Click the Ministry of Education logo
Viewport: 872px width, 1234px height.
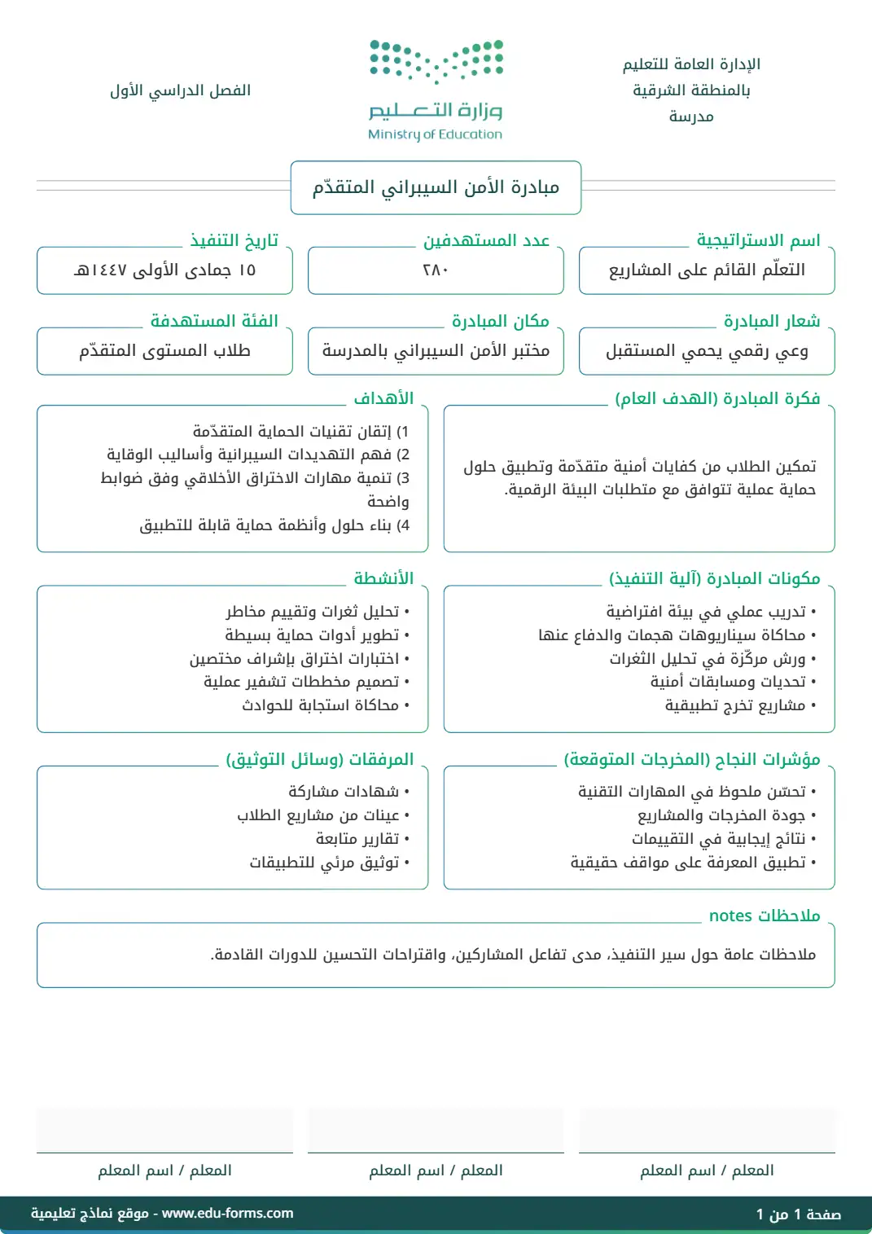pyautogui.click(x=436, y=90)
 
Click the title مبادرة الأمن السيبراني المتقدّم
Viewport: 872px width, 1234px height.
pyautogui.click(x=436, y=187)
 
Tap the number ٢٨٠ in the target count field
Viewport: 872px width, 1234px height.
pyautogui.click(x=436, y=270)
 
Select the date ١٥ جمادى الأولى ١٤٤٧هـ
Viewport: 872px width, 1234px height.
pyautogui.click(x=164, y=270)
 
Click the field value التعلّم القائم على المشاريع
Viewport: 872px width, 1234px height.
pyautogui.click(x=707, y=270)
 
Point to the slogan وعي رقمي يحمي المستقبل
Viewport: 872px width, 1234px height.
pyautogui.click(x=707, y=351)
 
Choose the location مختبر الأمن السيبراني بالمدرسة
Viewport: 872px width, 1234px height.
pyautogui.click(x=436, y=351)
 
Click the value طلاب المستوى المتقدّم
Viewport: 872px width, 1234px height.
pyautogui.click(x=164, y=351)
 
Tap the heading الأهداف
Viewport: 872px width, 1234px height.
pyautogui.click(x=383, y=398)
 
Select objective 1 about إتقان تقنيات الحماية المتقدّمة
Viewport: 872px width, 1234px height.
pyautogui.click(x=300, y=431)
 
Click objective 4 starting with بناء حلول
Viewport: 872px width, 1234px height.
pyautogui.click(x=274, y=525)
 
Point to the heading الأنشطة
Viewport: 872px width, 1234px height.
pyautogui.click(x=383, y=578)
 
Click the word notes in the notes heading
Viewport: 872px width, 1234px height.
pyautogui.click(x=730, y=916)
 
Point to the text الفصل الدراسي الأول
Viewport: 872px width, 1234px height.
pyautogui.click(x=180, y=90)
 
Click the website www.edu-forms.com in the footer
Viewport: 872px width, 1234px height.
pyautogui.click(x=227, y=1213)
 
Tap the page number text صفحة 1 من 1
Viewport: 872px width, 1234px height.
pyautogui.click(x=798, y=1214)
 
